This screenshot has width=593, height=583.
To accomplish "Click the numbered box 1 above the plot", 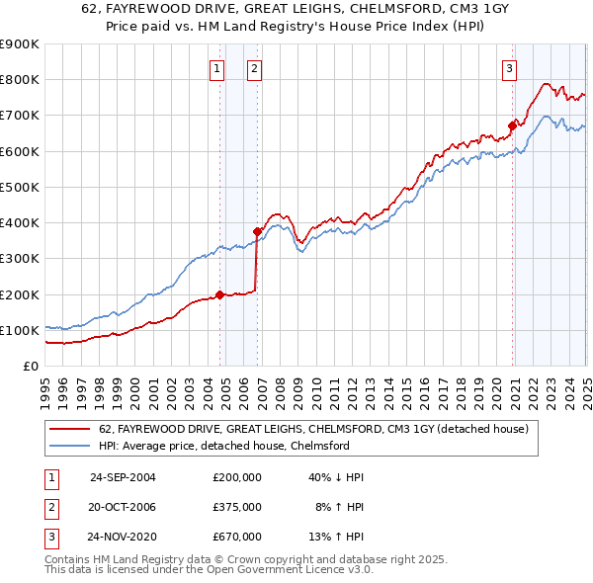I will coord(216,68).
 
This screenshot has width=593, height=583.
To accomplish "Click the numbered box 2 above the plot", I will coord(254,68).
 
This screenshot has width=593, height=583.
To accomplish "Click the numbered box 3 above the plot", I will coord(509,68).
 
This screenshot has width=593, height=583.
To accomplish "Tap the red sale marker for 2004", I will coord(219,293).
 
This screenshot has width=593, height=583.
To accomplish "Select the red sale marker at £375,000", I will coord(257,231).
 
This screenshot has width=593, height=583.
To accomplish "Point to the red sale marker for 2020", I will coord(512,125).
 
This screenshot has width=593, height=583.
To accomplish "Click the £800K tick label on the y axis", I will coord(19,80).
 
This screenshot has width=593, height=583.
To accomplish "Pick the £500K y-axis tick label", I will coord(19,187).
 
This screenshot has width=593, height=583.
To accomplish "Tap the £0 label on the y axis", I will coord(29,366).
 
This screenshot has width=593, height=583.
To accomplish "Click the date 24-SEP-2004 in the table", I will coord(123,477).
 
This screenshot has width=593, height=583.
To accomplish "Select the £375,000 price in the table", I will coord(237,507).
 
